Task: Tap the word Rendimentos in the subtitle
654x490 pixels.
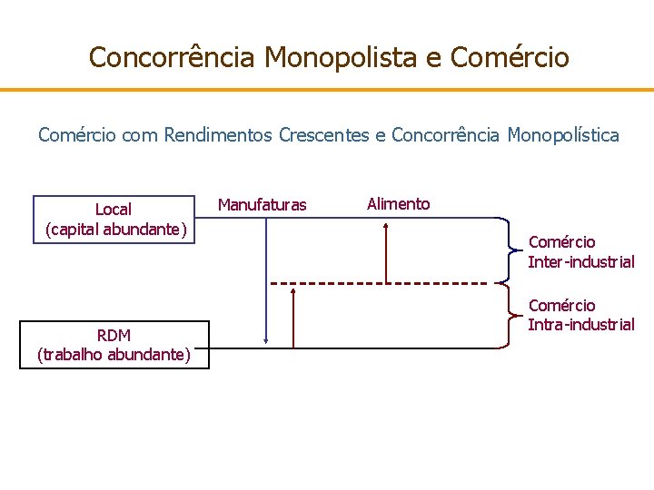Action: click(x=219, y=136)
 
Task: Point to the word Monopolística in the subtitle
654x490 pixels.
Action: click(x=563, y=136)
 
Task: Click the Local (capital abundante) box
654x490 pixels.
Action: click(x=114, y=220)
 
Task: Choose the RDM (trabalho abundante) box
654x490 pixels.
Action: click(x=114, y=345)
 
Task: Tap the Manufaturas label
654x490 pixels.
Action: click(x=262, y=206)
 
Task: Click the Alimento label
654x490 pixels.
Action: click(x=398, y=204)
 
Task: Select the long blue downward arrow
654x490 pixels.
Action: click(x=264, y=281)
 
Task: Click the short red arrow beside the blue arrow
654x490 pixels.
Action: click(x=294, y=318)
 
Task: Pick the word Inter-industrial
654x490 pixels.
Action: click(x=581, y=262)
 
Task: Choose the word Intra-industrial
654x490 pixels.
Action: click(x=581, y=325)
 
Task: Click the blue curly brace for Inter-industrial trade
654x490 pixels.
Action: click(x=507, y=250)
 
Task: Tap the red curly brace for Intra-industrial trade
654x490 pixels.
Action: click(x=507, y=316)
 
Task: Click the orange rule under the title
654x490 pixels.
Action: click(x=327, y=90)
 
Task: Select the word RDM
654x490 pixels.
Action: click(x=114, y=335)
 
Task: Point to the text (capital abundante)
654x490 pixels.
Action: click(x=115, y=230)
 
